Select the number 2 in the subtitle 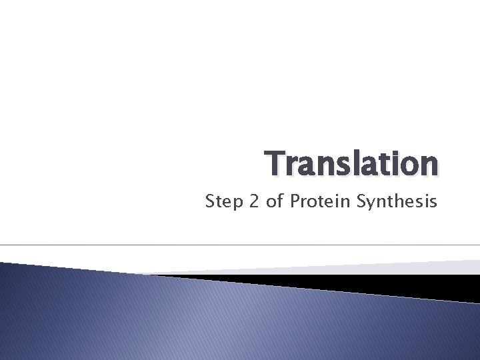coord(253,201)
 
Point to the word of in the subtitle coord(275,201)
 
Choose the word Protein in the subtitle coord(315,201)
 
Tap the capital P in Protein coord(294,201)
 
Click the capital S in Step coord(210,201)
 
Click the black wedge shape coord(373,283)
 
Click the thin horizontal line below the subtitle coord(240,245)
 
